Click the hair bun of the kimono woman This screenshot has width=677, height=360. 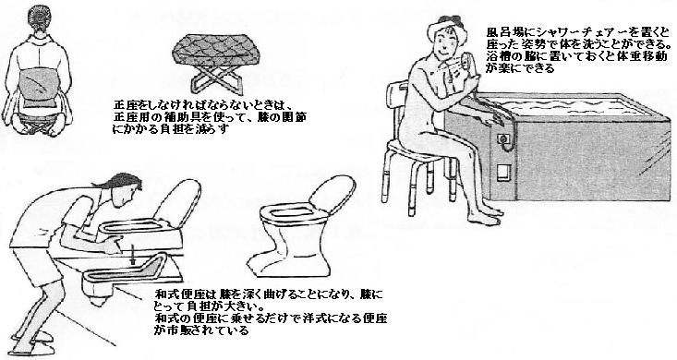pyautogui.click(x=44, y=16)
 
